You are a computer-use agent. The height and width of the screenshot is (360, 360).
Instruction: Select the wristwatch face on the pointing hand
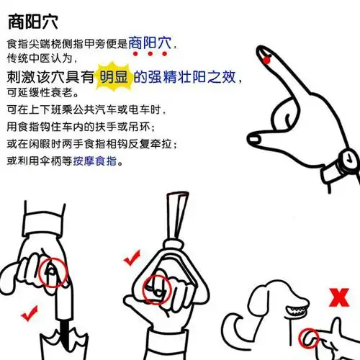click(x=348, y=159)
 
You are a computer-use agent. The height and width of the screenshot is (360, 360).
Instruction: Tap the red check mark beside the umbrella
click(x=30, y=314)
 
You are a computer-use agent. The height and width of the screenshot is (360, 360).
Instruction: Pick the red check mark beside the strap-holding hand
click(x=132, y=256)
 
